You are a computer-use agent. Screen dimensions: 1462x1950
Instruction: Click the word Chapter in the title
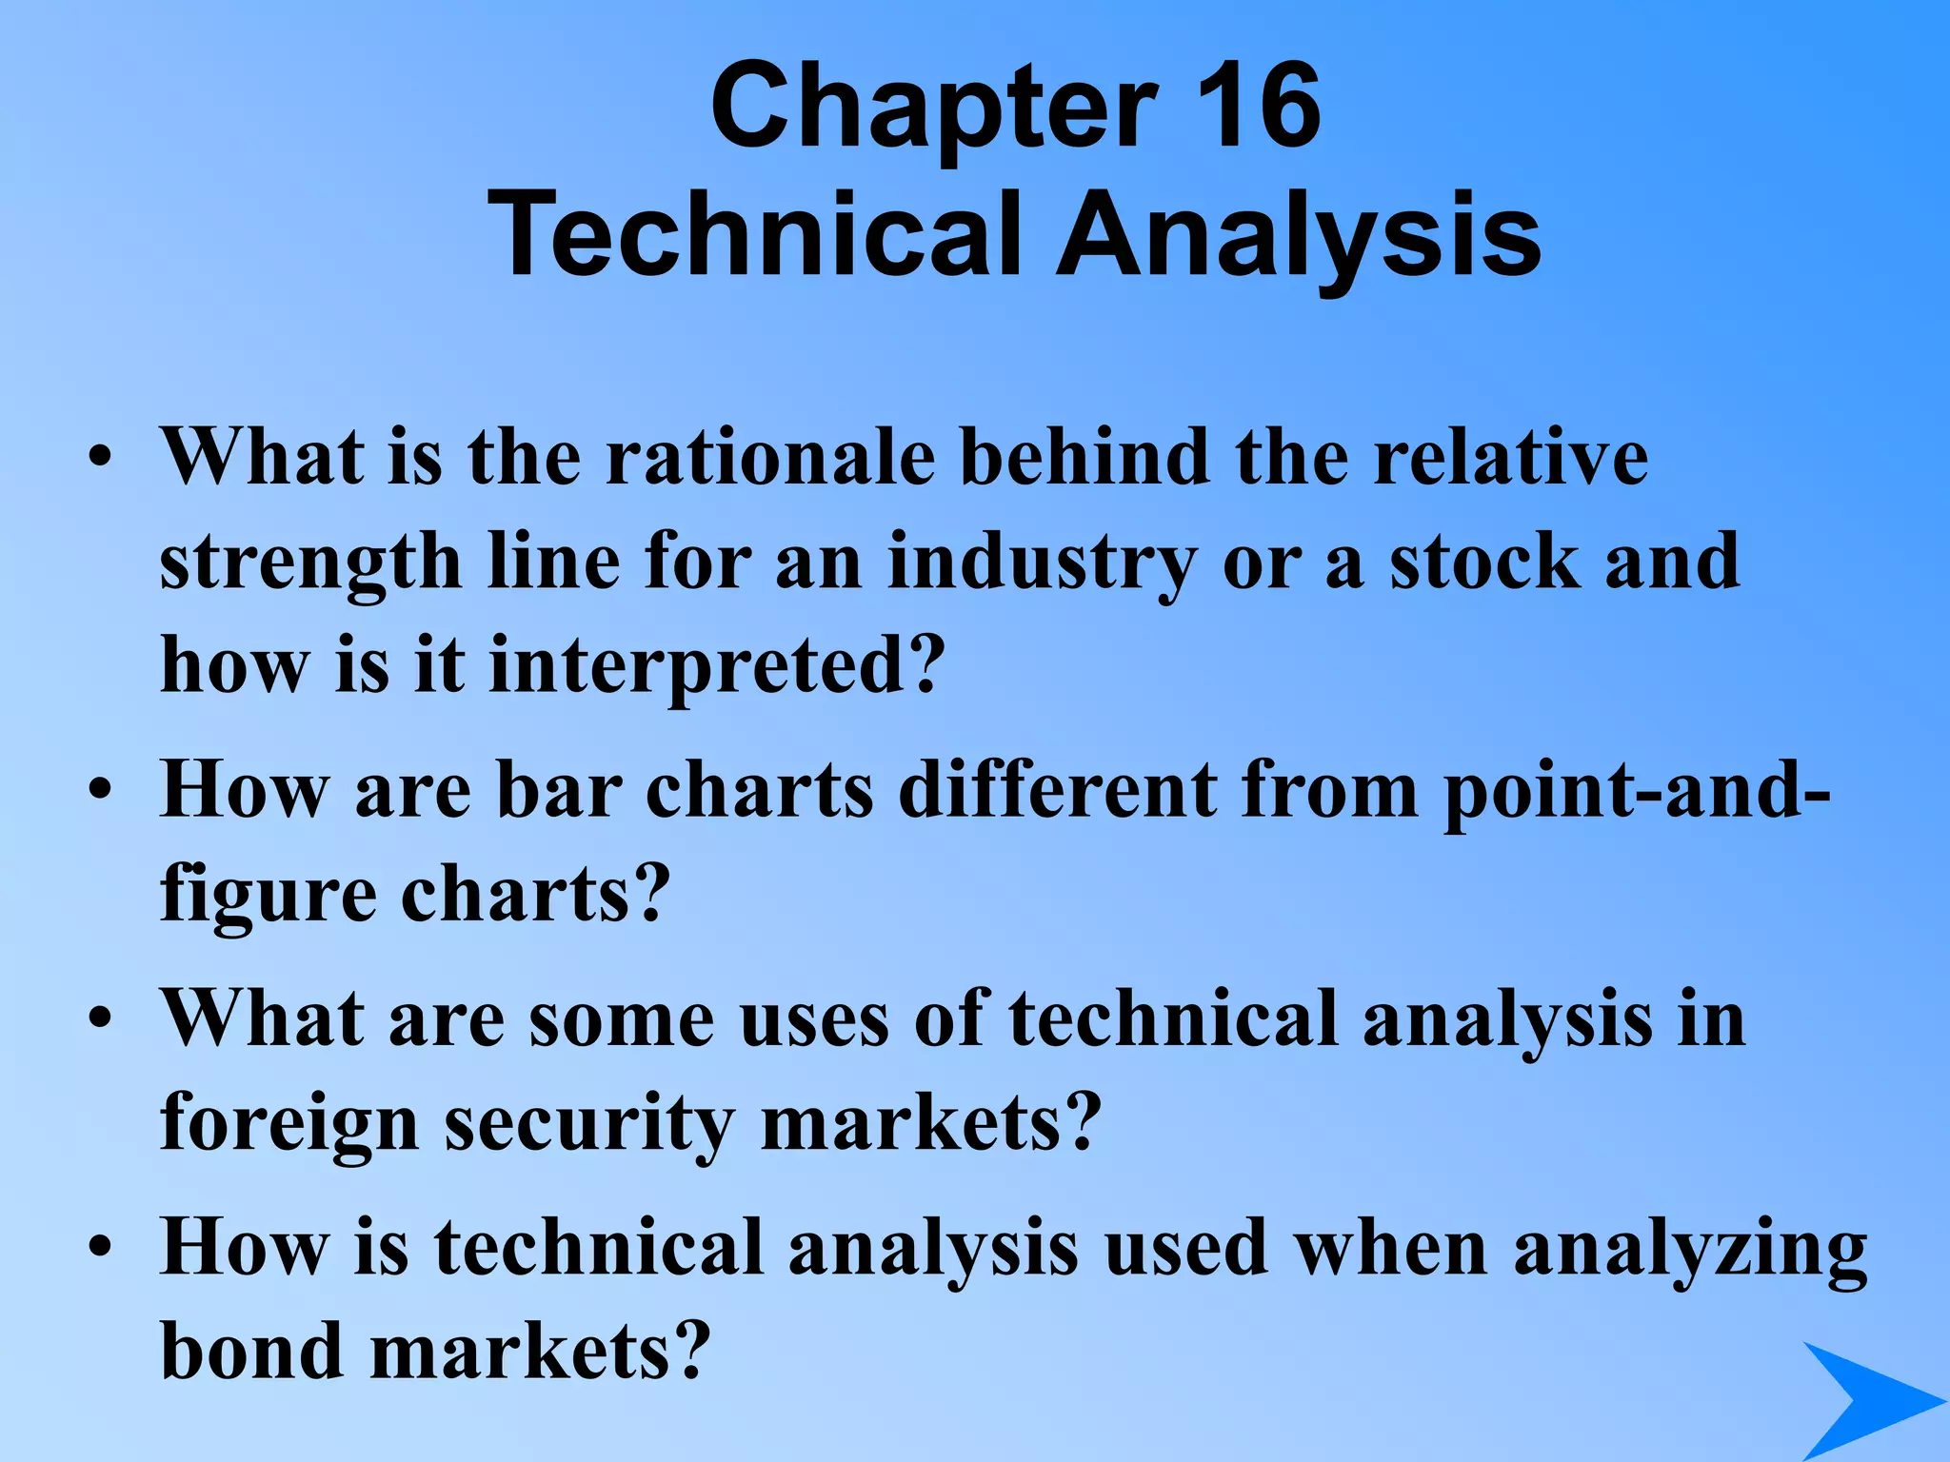933,107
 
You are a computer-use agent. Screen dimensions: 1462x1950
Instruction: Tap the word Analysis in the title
1299,234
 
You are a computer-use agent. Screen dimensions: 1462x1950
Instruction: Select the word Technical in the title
752,234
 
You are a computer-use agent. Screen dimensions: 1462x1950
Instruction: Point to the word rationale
770,457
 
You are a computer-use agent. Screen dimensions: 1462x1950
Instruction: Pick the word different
1057,790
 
